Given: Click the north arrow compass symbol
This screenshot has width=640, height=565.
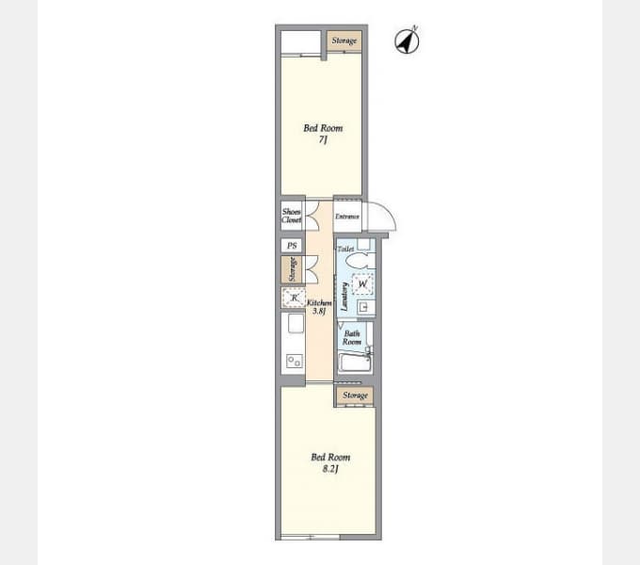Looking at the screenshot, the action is [407, 40].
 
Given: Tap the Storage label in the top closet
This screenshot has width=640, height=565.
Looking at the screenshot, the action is [344, 40].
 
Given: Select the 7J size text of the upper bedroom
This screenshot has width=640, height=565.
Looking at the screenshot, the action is [323, 140].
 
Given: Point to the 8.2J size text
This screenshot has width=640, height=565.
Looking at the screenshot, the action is [330, 469].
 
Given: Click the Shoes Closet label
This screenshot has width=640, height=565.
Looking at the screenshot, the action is [292, 216].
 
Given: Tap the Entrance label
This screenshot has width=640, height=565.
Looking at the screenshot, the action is [347, 217].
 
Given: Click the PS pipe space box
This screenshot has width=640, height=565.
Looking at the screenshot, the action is [292, 246].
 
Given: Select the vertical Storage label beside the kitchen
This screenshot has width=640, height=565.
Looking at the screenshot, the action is [293, 269].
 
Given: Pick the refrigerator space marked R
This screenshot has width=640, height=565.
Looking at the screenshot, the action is [294, 298].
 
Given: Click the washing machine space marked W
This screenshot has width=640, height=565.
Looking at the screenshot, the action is [362, 283].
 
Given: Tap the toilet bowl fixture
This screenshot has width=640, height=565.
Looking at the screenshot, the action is [362, 261].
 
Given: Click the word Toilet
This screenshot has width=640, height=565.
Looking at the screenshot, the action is [345, 249].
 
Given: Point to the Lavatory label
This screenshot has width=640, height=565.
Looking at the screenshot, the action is [344, 297].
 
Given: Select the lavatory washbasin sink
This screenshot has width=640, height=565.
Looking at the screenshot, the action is [365, 307].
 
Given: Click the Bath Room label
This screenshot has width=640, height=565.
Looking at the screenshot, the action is [352, 338].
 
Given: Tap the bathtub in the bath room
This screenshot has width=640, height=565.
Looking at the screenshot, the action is [355, 363].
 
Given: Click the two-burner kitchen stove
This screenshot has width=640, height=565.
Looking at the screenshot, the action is [295, 362].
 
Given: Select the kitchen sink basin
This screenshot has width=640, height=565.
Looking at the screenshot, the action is [296, 323].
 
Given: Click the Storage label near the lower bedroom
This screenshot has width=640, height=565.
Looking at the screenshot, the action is [355, 395].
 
